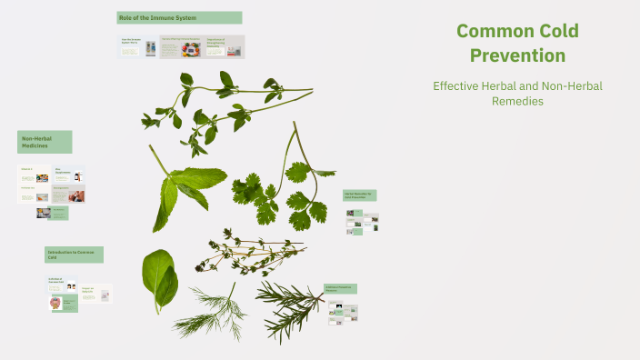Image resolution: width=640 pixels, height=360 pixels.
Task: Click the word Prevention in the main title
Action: click(517, 55)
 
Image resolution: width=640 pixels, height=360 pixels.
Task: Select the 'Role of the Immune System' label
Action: click(179, 17)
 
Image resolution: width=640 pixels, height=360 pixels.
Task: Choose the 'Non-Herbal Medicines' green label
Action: click(44, 141)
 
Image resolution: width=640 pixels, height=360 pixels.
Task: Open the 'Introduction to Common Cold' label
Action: click(74, 255)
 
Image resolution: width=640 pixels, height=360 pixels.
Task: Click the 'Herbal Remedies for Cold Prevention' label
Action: click(359, 195)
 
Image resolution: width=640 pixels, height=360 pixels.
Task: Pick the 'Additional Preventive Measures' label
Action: click(340, 288)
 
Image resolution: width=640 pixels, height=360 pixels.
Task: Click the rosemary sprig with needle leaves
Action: click(289, 305)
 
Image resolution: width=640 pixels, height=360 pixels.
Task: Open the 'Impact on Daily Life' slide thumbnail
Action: click(96, 294)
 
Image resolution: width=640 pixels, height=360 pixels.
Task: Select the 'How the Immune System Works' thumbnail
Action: click(137, 47)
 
